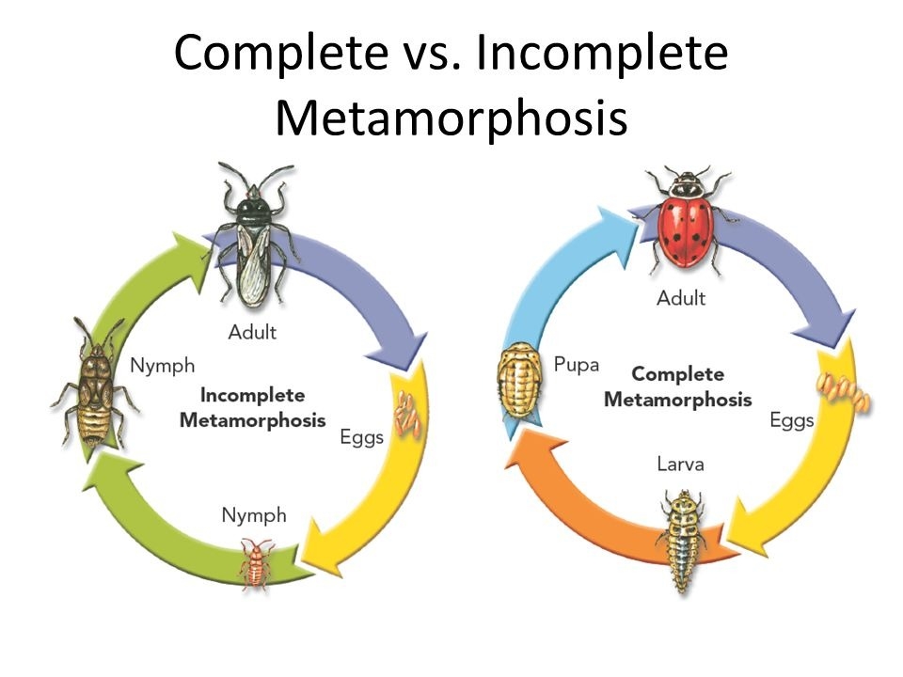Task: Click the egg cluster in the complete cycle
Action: pos(844,393)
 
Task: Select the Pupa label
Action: pos(577,364)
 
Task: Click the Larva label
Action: pos(680,464)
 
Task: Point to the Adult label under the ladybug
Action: pos(680,299)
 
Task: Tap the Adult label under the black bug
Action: pos(252,332)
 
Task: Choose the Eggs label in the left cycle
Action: pos(361,438)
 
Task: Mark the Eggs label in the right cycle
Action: pos(791,420)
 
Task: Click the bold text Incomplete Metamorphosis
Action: pos(252,407)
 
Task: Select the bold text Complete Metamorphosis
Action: pos(677,386)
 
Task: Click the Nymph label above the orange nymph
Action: pos(254,514)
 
